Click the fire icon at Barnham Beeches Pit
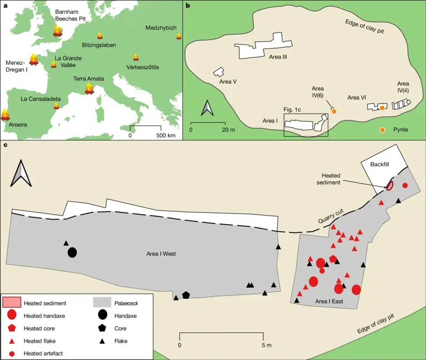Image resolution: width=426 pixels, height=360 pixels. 57,32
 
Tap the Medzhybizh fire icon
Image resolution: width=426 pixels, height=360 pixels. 179,37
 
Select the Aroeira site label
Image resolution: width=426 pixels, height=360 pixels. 18,125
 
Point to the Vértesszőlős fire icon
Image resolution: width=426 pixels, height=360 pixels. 135,58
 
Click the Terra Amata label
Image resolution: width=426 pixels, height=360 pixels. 89,79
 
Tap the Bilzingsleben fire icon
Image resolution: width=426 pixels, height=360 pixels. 100,36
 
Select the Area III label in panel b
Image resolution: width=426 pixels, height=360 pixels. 277,56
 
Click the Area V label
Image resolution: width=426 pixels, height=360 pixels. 228,82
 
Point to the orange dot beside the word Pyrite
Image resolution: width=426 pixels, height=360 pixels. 383,130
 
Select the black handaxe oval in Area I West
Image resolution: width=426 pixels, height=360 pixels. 72,252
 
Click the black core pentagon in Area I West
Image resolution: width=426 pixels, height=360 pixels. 186,295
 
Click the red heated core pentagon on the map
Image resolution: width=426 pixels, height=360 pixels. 333,258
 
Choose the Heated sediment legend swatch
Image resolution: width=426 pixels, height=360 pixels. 12,303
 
